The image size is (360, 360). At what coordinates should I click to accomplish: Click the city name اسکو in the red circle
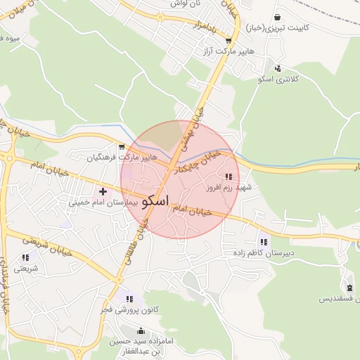[155, 200]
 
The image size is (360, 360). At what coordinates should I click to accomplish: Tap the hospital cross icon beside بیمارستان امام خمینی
[103, 191]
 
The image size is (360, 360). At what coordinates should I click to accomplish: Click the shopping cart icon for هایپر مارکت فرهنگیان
[122, 147]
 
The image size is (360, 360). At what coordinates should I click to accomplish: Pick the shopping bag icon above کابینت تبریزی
[278, 17]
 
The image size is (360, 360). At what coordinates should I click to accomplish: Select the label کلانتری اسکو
[278, 79]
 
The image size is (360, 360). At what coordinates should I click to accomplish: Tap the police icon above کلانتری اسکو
[278, 68]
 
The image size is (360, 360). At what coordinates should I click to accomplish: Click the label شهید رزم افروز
[229, 188]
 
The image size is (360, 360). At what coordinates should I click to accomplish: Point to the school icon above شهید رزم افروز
[228, 176]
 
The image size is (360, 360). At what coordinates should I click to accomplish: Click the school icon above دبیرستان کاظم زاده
[264, 240]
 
